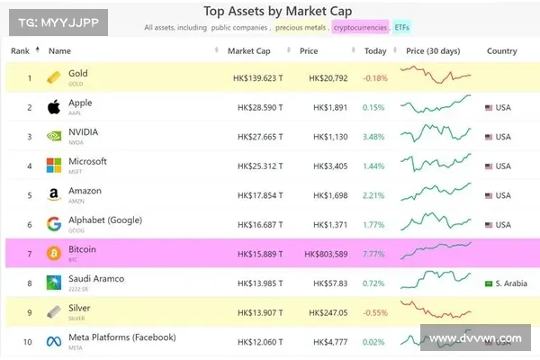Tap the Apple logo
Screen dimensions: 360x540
coord(53,107)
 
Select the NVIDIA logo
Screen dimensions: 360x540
coord(53,137)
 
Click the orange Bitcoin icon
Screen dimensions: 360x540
coord(53,254)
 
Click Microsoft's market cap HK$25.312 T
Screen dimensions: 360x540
coord(260,166)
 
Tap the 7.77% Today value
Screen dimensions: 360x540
coord(374,254)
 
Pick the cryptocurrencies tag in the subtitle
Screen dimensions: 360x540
coord(360,28)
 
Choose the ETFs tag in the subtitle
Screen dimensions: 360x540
coord(404,28)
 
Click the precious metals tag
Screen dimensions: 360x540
coord(301,28)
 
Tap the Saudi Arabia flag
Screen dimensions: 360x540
coord(489,283)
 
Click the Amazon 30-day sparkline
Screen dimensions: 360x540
coord(436,195)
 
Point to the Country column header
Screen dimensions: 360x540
coord(501,51)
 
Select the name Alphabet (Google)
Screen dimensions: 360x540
coord(105,220)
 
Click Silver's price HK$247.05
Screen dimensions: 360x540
coord(328,312)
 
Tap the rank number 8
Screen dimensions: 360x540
coord(29,283)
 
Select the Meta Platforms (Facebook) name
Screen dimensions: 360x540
coord(121,337)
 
